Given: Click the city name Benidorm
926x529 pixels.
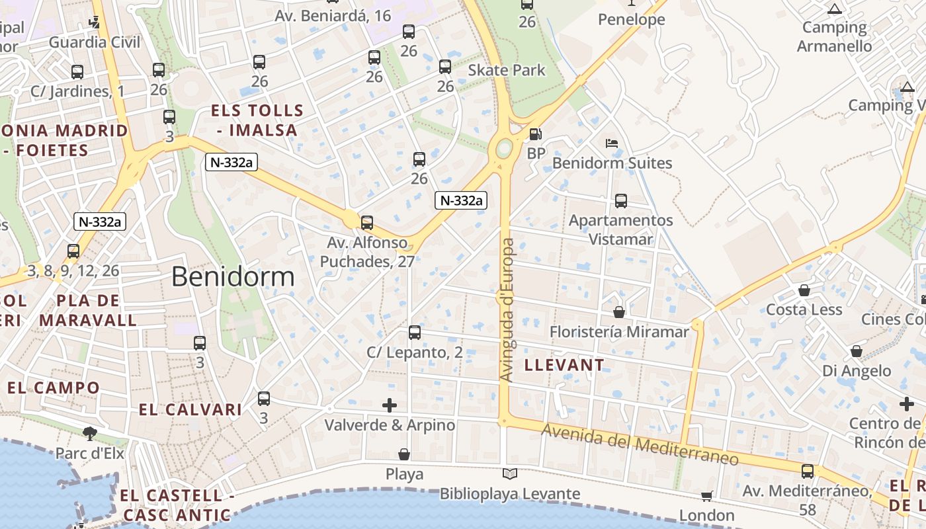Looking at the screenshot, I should click(233, 276).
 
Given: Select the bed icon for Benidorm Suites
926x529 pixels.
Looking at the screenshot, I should click(612, 143).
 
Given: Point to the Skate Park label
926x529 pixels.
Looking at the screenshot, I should click(507, 70).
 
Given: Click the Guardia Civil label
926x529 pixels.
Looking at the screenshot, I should click(95, 42).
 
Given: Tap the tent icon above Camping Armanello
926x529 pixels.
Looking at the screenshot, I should click(834, 9).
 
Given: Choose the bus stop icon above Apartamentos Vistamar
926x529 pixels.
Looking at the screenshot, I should click(620, 201).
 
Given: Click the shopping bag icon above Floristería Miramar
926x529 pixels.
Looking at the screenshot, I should click(619, 311).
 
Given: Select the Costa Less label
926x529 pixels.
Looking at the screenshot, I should click(804, 309).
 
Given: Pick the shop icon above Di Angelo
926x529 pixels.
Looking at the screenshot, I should click(857, 351).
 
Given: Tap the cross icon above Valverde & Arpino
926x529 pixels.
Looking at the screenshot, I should click(390, 405).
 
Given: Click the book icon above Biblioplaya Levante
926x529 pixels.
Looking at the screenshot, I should click(509, 473).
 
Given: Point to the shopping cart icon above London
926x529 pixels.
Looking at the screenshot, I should click(706, 496).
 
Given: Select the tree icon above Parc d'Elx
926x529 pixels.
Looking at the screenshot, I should click(90, 434).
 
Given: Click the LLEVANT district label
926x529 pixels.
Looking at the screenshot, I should click(564, 365).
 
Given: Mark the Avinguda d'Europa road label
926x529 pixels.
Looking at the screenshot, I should click(507, 309).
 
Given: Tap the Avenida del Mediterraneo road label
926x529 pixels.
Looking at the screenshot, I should click(640, 445).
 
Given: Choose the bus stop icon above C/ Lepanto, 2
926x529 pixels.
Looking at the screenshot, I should click(415, 333).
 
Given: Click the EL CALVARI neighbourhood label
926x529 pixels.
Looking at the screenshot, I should click(190, 410).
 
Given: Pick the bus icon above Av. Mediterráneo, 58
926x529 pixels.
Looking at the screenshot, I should click(808, 471).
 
